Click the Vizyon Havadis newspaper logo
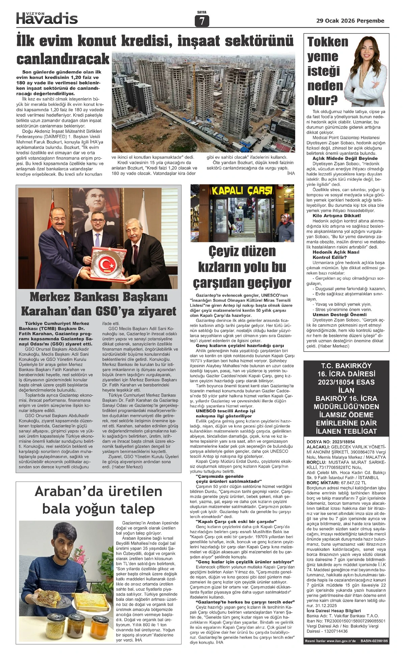(x=47, y=18)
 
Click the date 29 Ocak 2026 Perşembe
(x=350, y=21)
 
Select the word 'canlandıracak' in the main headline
(x=63, y=59)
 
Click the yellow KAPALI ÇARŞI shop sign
(x=242, y=191)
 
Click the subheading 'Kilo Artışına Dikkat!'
(x=336, y=215)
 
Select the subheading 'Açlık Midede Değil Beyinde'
(x=345, y=158)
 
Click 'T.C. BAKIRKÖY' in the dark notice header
(x=346, y=365)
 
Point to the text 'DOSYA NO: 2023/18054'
(x=331, y=442)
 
